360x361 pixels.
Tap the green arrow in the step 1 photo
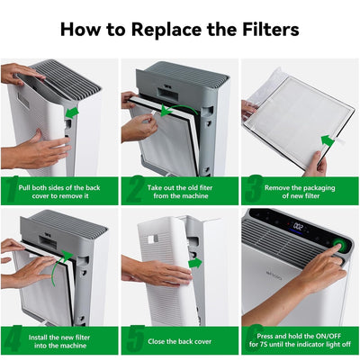point(72,113)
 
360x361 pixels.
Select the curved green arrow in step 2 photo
point(177,110)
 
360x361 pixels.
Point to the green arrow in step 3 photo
point(328,140)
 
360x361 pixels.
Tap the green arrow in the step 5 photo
point(195,263)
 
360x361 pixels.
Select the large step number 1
point(12,189)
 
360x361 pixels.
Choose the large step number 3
point(254,189)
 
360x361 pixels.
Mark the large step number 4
point(13,338)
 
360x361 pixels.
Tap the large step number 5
point(135,338)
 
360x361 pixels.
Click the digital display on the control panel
point(297,226)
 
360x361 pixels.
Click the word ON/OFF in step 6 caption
point(324,336)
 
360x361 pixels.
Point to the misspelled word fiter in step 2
point(205,188)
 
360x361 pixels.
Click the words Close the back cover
point(179,341)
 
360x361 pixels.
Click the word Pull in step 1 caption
point(24,188)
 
